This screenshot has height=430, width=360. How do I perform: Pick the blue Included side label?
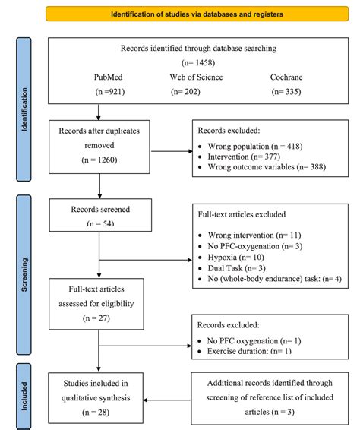[x=24, y=395]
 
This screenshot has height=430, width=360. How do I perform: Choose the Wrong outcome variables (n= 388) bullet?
[x=263, y=166]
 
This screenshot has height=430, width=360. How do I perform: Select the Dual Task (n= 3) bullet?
[x=236, y=268]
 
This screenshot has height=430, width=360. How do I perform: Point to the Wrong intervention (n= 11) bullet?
[x=250, y=236]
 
